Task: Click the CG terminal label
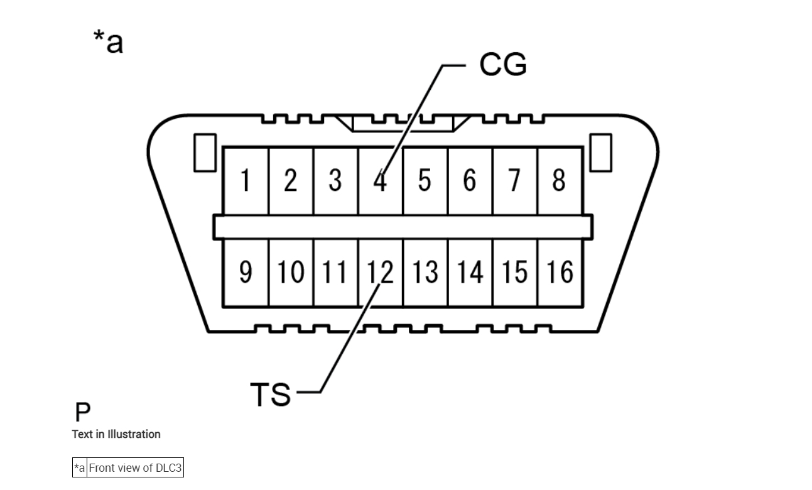pos(502,64)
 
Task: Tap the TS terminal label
pos(271,395)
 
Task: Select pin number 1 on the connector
pos(246,181)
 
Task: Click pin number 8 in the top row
pos(559,181)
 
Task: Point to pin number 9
pos(246,272)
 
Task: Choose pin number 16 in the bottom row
pos(560,272)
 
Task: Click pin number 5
pos(425,181)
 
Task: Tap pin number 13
pos(425,272)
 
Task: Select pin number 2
pos(290,181)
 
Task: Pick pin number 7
pos(514,181)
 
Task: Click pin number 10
pos(290,272)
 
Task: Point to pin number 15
pos(514,272)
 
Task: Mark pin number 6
pos(470,181)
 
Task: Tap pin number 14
pos(470,272)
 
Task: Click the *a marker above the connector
pos(108,42)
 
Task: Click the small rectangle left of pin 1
pos(205,153)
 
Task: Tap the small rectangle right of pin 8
pos(600,153)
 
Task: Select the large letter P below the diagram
pos(82,412)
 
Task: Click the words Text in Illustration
pos(116,434)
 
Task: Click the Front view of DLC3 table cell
pos(135,468)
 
